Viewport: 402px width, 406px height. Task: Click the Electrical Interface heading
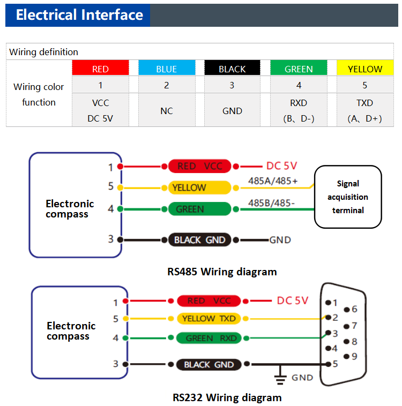click(79, 15)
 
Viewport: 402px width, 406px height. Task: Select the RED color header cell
click(100, 69)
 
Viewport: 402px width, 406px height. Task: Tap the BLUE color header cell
click(166, 69)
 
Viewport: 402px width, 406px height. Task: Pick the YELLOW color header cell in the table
click(365, 69)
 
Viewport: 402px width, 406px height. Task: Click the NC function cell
click(166, 111)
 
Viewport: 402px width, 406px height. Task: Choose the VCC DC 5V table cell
click(100, 111)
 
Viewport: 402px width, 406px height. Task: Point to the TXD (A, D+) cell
click(365, 111)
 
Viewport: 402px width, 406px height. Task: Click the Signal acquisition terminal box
click(348, 197)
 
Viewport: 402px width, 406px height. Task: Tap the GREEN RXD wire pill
click(207, 338)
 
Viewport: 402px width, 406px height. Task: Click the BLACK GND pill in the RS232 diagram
click(209, 364)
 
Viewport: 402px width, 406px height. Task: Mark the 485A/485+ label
click(272, 181)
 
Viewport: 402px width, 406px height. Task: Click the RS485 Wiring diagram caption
click(222, 272)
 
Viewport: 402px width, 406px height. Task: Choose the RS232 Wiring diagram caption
click(227, 397)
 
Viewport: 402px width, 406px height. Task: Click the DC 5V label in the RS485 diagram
click(281, 166)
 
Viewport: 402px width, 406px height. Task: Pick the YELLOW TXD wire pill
click(209, 318)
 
